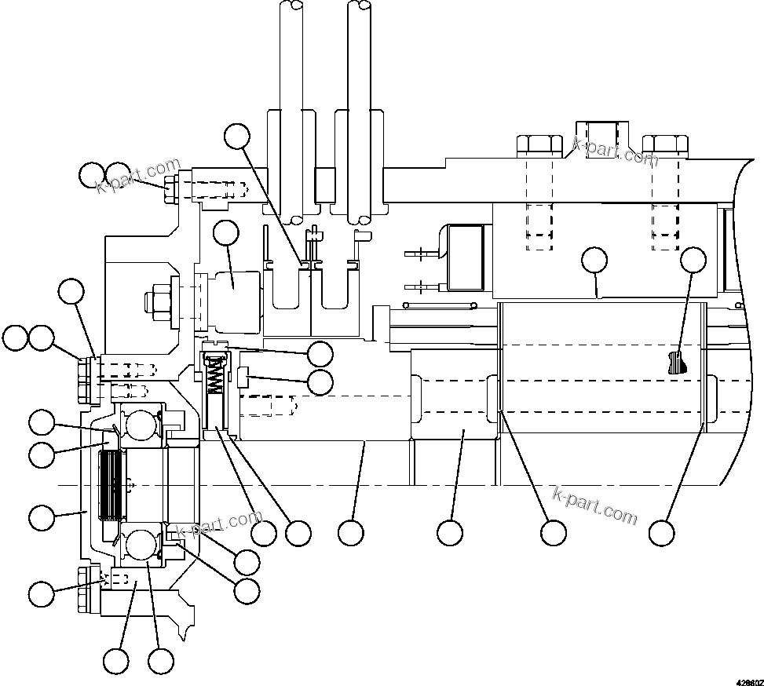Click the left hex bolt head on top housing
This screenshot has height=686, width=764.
[x=538, y=144]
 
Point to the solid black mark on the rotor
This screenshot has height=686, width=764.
[x=674, y=363]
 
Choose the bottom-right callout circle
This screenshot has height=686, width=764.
[x=662, y=533]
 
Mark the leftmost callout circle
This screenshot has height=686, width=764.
[x=14, y=339]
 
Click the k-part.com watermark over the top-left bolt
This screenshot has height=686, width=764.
[x=138, y=177]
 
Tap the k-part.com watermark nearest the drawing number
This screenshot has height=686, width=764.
[x=596, y=505]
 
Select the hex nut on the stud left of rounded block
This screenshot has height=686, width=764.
[x=155, y=301]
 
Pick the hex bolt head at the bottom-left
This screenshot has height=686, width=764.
[x=84, y=602]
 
